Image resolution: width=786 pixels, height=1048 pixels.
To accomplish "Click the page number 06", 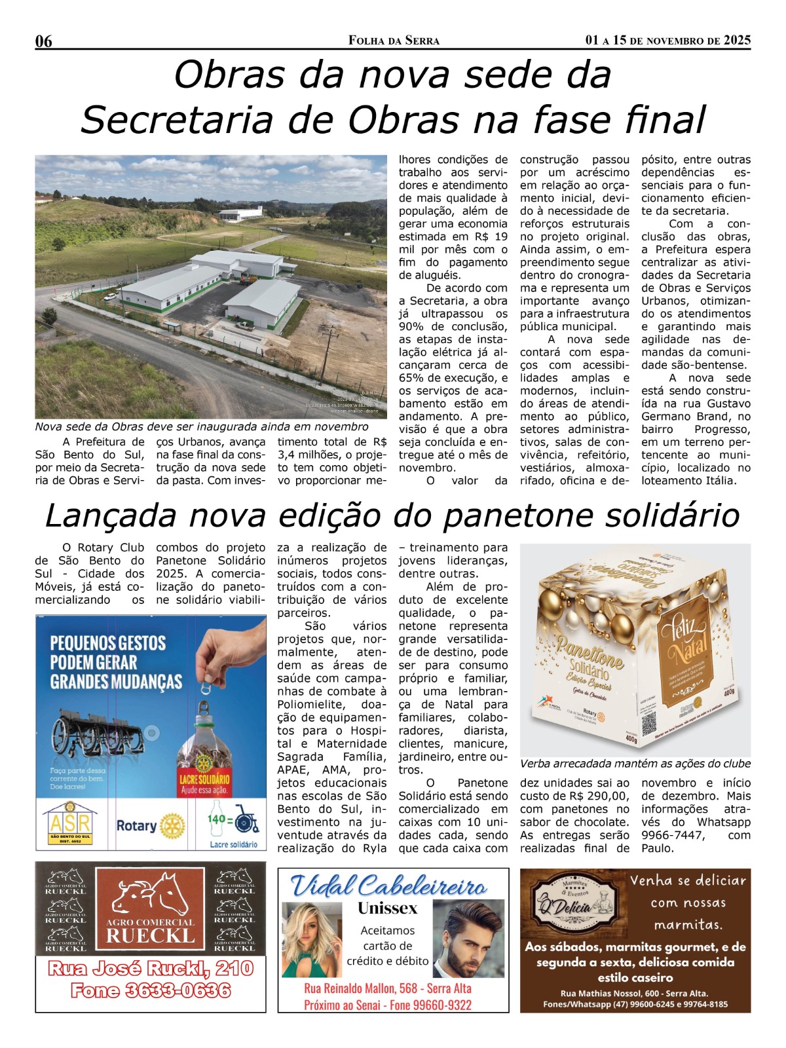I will [43, 41].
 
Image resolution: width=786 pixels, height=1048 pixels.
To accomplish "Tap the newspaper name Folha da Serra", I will [394, 41].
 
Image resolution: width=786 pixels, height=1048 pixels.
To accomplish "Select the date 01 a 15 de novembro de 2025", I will [667, 41].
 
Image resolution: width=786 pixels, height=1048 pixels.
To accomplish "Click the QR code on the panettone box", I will [648, 723].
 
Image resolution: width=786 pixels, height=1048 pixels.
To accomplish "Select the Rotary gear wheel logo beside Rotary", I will [172, 827].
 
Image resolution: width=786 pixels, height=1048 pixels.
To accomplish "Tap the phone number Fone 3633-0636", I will [151, 990].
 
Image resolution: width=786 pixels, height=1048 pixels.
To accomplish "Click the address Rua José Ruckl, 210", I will [151, 968].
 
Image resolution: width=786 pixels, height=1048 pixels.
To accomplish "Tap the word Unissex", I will [387, 908].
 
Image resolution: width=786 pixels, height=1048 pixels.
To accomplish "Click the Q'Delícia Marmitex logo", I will [572, 904].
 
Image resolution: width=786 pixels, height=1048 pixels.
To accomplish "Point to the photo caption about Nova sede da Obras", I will [202, 426].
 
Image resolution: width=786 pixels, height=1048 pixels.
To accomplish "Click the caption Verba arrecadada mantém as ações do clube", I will [635, 764].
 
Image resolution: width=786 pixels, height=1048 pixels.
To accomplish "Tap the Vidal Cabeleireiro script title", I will [389, 886].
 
